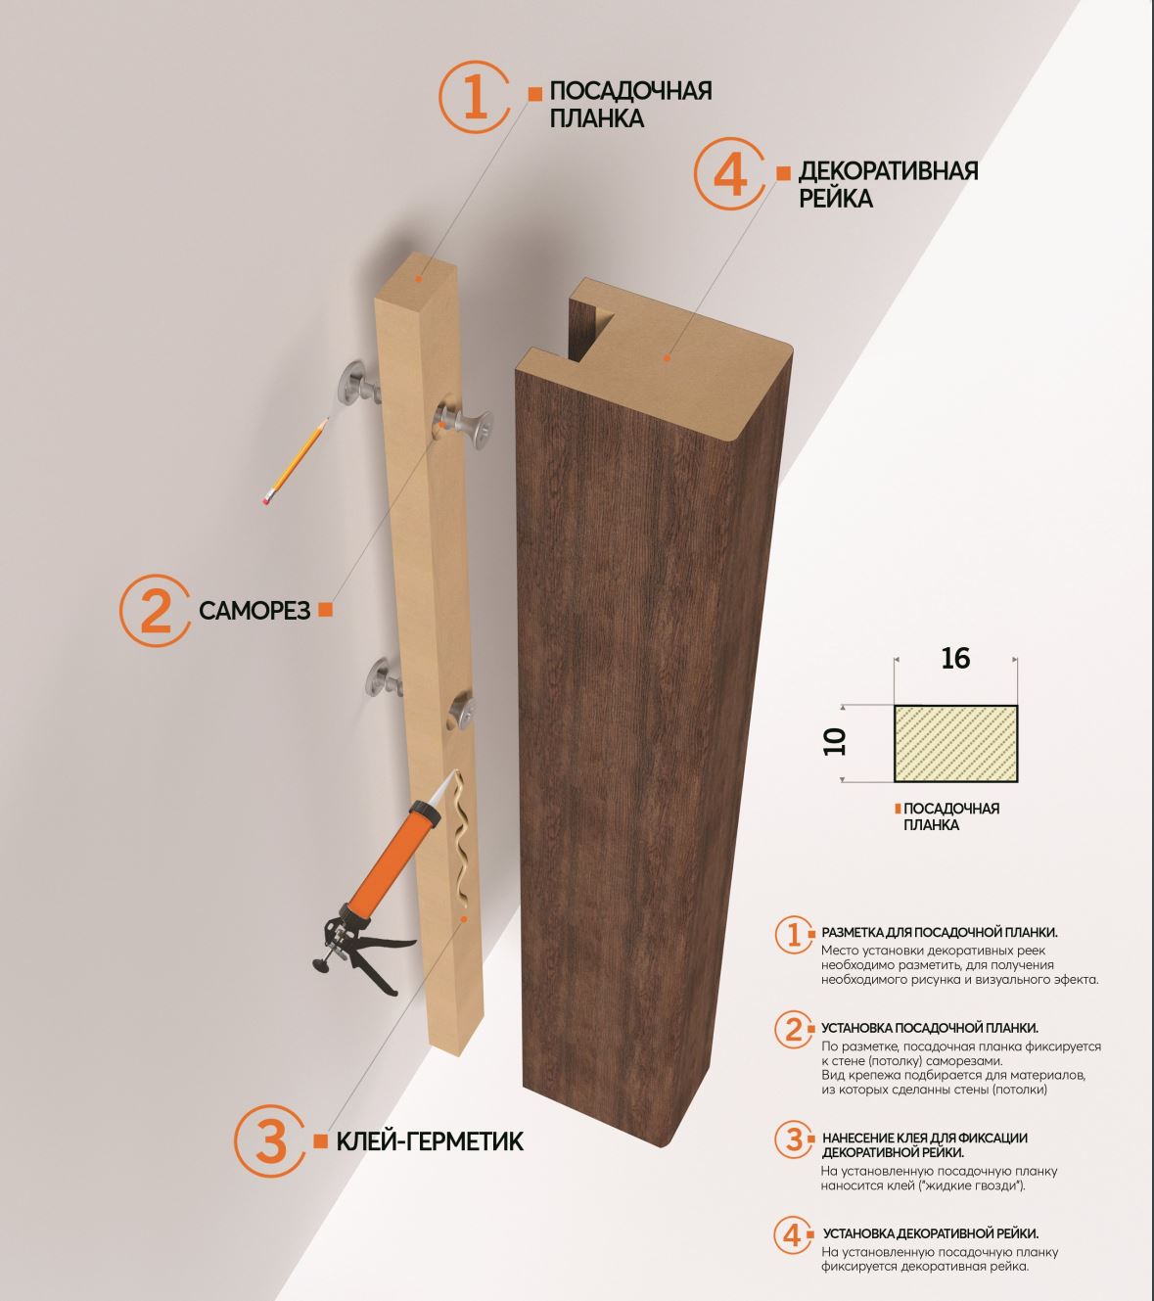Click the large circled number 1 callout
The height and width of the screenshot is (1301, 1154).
click(x=475, y=97)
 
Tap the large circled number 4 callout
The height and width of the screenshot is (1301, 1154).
click(x=729, y=174)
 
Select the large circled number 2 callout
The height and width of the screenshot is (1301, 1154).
click(x=155, y=610)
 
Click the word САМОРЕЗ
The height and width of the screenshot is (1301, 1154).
click(x=254, y=610)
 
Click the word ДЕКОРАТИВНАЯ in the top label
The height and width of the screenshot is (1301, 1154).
click(x=888, y=170)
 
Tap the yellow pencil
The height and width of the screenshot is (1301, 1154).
click(x=296, y=460)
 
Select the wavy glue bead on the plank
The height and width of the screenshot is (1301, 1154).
click(x=462, y=840)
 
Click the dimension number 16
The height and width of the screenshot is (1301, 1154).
click(x=955, y=658)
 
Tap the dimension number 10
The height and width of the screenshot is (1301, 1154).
click(x=835, y=742)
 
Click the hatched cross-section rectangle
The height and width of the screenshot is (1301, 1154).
click(x=955, y=744)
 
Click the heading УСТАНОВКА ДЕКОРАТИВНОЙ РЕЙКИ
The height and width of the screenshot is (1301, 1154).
click(x=931, y=1233)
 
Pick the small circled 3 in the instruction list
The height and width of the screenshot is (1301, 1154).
click(x=794, y=1139)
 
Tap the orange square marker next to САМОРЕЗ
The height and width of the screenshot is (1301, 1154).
click(x=326, y=610)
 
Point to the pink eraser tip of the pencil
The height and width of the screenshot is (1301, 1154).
click(x=266, y=499)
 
